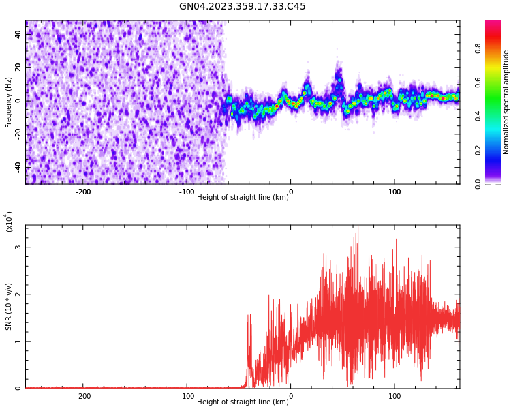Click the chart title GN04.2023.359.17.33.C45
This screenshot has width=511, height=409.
click(242, 6)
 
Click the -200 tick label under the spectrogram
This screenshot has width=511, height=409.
click(82, 192)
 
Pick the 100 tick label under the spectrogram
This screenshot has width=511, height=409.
click(394, 192)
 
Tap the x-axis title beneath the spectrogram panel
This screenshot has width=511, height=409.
click(242, 197)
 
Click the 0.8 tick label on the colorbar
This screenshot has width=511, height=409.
click(497, 48)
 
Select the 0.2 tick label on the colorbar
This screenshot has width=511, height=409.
click(497, 150)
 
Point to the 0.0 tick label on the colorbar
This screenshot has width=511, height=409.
click(497, 183)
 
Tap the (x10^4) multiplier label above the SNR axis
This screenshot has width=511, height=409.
click(10, 222)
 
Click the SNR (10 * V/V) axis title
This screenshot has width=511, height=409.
click(9, 307)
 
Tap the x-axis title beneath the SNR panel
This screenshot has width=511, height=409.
click(242, 402)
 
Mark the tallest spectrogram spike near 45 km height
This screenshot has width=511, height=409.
click(339, 65)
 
